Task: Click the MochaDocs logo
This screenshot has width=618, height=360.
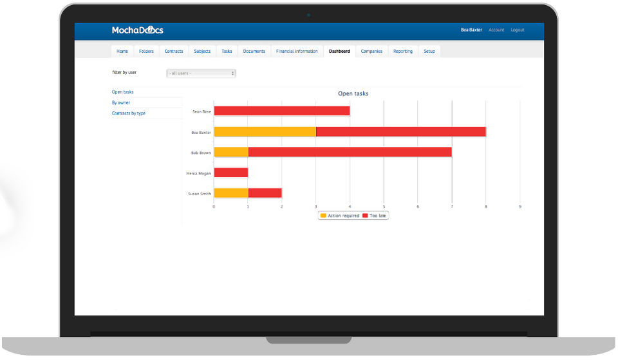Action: pyautogui.click(x=137, y=30)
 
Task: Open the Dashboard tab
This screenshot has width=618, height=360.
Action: pyautogui.click(x=339, y=52)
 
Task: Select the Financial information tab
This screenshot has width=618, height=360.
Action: pyautogui.click(x=297, y=52)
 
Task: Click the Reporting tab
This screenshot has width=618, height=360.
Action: pyautogui.click(x=403, y=52)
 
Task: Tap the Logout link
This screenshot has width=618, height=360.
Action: pyautogui.click(x=518, y=30)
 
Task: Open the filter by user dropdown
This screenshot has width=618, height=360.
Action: pyautogui.click(x=201, y=73)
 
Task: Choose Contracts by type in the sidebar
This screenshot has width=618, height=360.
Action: pyautogui.click(x=129, y=113)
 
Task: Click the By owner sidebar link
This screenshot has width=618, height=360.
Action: pyautogui.click(x=121, y=103)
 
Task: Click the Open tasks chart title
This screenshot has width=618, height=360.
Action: pyautogui.click(x=353, y=94)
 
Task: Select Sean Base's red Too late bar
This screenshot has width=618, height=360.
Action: pyautogui.click(x=281, y=111)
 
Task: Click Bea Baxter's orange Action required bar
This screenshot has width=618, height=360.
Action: pyautogui.click(x=265, y=132)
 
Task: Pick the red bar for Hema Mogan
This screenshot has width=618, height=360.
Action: pyautogui.click(x=230, y=173)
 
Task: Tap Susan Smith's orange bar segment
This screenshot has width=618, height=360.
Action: pyautogui.click(x=230, y=193)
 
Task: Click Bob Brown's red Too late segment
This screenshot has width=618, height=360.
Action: pyautogui.click(x=350, y=153)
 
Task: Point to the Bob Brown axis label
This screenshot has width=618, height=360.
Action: pyautogui.click(x=201, y=153)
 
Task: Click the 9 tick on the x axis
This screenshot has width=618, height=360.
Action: pyautogui.click(x=520, y=207)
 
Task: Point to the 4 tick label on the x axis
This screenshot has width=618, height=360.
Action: pyautogui.click(x=350, y=207)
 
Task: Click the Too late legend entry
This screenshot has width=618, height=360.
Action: pyautogui.click(x=375, y=216)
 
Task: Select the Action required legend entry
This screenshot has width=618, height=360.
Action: pyautogui.click(x=340, y=216)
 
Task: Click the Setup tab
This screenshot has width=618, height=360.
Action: pyautogui.click(x=429, y=52)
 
